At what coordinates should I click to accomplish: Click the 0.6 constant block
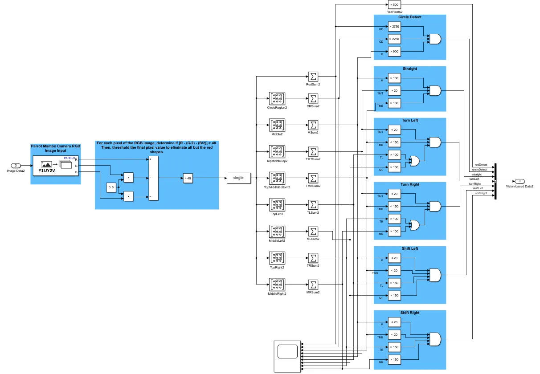click(x=111, y=188)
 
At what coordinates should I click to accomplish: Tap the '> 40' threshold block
click(x=188, y=179)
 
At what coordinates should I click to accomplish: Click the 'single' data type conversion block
click(x=238, y=178)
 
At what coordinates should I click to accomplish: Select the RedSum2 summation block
click(x=313, y=77)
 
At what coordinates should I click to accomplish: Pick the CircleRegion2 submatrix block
click(x=277, y=98)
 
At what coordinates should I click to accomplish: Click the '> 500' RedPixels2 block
click(x=394, y=4)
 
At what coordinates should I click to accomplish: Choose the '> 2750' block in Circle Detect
click(x=394, y=27)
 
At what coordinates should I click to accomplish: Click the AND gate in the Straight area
click(x=434, y=91)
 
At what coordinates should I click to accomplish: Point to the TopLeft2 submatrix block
click(x=277, y=205)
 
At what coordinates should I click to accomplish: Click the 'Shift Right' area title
click(x=409, y=313)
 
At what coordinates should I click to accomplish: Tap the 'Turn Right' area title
click(x=409, y=185)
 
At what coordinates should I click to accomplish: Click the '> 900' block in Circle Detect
click(x=394, y=52)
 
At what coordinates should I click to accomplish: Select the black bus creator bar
click(x=495, y=181)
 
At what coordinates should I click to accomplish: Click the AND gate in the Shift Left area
click(x=434, y=275)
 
